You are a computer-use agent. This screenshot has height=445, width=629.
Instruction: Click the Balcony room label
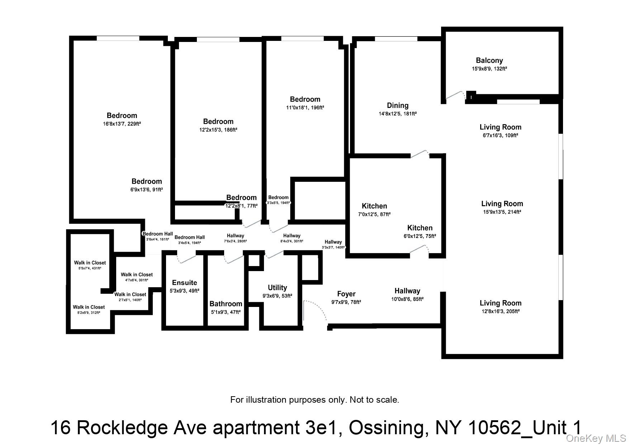[x=489, y=61]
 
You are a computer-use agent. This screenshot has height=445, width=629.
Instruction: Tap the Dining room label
[x=397, y=105]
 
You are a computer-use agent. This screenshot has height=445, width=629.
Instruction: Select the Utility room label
[x=277, y=288]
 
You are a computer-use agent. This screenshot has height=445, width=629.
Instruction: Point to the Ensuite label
[x=184, y=283]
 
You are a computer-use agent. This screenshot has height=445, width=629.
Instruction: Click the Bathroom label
[x=226, y=304]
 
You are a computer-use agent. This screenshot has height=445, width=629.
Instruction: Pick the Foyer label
[x=346, y=294]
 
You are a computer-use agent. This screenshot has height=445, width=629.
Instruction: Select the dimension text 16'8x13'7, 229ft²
[x=122, y=124]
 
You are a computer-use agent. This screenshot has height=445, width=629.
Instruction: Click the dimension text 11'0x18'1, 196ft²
[x=305, y=107]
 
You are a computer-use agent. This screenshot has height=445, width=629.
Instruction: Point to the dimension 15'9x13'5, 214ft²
[x=502, y=212]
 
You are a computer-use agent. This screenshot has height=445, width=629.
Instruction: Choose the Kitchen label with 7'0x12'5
[x=374, y=206]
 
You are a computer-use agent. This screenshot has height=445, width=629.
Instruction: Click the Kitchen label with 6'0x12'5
[x=420, y=228]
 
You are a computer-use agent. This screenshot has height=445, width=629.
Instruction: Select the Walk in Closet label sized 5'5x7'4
[x=90, y=263]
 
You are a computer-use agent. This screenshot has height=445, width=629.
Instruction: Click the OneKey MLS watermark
[x=596, y=438]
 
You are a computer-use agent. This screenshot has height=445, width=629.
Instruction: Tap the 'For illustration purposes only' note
[x=314, y=399]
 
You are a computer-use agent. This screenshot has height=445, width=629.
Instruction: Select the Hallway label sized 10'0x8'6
[x=407, y=291]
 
